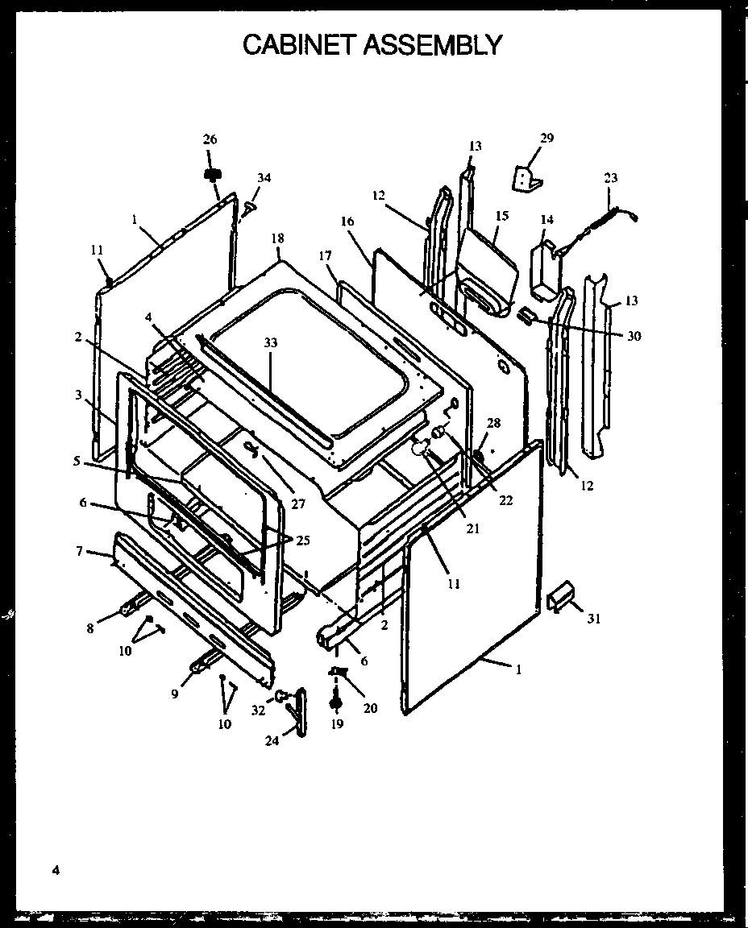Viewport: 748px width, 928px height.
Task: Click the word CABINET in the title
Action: (x=298, y=44)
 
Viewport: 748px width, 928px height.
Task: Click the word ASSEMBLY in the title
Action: (x=433, y=44)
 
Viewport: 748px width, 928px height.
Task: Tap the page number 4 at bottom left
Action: (x=55, y=869)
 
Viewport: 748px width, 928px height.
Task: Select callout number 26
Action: (x=210, y=139)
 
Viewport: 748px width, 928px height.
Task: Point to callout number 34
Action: (x=264, y=177)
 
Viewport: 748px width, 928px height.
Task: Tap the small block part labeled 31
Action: (x=560, y=599)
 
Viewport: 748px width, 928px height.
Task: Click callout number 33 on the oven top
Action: (x=270, y=342)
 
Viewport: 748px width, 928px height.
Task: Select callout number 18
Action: (x=278, y=238)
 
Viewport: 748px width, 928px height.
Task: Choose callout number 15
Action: (x=501, y=216)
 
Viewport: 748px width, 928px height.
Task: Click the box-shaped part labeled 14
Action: (x=542, y=270)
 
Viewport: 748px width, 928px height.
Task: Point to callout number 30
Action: (x=634, y=336)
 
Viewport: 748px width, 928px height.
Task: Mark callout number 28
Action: (x=493, y=423)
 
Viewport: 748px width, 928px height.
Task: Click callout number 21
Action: (x=472, y=528)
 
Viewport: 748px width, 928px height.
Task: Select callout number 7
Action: (x=79, y=551)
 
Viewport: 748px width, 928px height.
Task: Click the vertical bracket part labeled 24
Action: (x=301, y=710)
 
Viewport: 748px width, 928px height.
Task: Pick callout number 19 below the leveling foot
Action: (x=336, y=723)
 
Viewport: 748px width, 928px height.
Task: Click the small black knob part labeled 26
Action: (x=213, y=174)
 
